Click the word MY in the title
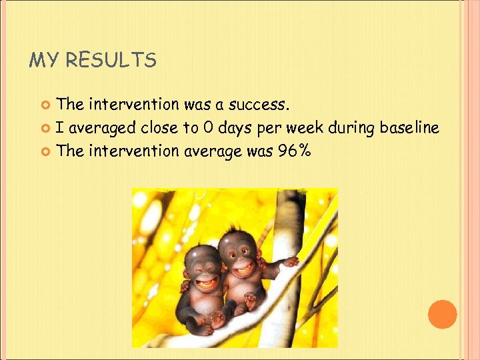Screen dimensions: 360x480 (x=44, y=61)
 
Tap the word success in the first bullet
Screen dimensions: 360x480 (x=259, y=105)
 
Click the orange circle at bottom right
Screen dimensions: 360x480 (x=442, y=314)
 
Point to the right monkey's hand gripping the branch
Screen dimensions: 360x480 (x=290, y=261)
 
